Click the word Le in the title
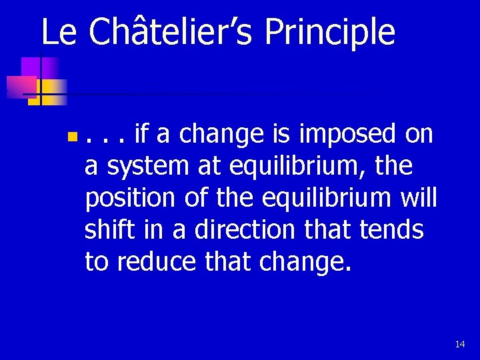59,32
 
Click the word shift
109,231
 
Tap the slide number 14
459,344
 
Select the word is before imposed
283,136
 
